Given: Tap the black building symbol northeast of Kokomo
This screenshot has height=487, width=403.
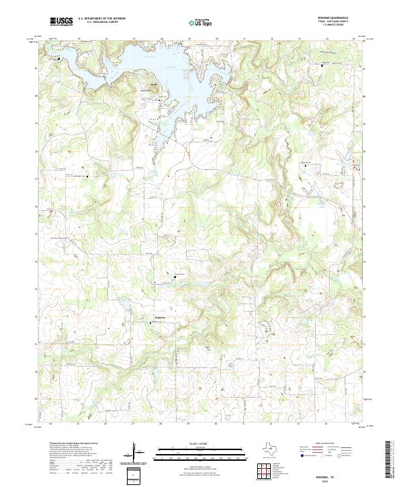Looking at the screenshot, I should coord(176,276).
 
